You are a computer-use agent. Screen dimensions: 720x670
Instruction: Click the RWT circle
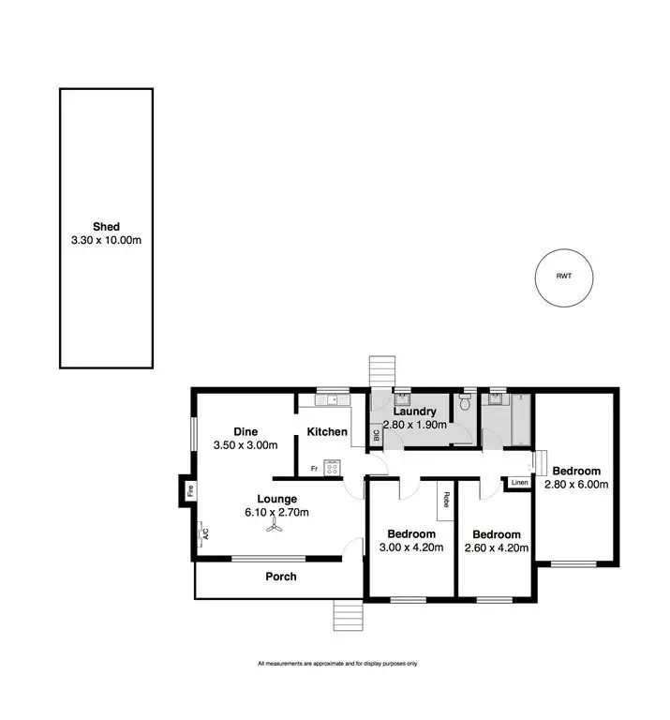point(564,277)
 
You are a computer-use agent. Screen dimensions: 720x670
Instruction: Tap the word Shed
point(106,226)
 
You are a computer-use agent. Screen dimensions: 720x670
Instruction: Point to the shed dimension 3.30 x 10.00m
point(106,240)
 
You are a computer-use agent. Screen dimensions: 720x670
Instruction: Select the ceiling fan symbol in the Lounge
point(275,529)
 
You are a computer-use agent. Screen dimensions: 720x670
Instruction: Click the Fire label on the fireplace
point(188,490)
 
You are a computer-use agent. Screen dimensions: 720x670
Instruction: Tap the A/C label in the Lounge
point(202,534)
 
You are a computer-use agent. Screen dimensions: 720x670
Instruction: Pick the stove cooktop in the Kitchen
point(333,466)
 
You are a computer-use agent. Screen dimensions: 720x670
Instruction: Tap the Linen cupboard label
point(519,483)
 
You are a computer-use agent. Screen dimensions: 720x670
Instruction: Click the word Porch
point(281,577)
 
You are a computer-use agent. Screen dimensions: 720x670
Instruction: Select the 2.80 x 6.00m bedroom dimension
point(576,485)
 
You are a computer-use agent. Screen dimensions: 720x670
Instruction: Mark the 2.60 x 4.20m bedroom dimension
point(496,548)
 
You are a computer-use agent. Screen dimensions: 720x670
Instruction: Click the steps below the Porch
point(347,616)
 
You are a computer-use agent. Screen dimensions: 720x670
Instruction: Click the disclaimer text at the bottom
point(336,664)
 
